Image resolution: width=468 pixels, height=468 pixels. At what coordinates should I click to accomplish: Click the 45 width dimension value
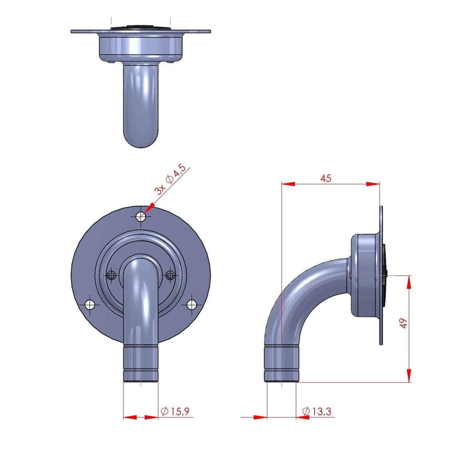point(326,178)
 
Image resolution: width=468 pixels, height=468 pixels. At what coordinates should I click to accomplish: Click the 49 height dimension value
point(404,323)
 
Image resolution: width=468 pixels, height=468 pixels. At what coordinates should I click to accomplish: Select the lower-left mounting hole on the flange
point(90,304)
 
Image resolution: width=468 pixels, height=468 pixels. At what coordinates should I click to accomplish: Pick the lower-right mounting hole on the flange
point(191,304)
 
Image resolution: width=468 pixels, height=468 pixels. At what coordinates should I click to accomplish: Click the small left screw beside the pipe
point(112,275)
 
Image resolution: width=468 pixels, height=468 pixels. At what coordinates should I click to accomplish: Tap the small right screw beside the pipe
point(170,275)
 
